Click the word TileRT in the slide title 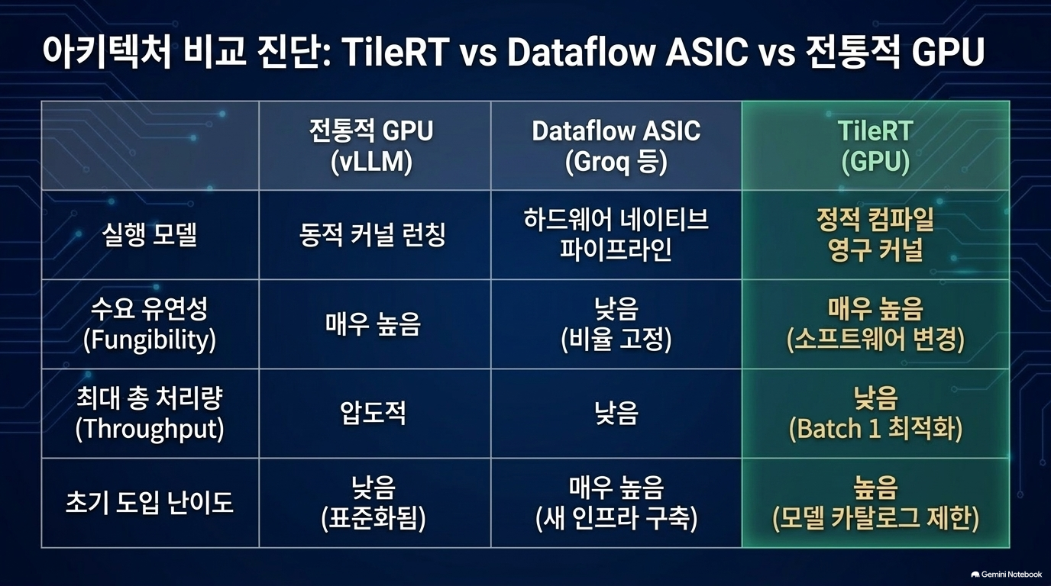pos(396,52)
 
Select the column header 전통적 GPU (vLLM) pos(372,146)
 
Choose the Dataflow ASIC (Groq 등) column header pos(616,146)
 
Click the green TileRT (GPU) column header pos(875,146)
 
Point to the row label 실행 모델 pos(150,235)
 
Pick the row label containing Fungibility pos(150,324)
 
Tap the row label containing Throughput pos(150,413)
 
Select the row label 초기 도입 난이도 pos(150,503)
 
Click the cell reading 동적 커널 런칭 pos(373,235)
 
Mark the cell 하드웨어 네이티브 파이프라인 pos(616,235)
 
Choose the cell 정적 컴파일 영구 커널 pos(875,235)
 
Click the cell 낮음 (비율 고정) pos(616,324)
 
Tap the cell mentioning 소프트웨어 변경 pos(875,324)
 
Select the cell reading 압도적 pos(374,413)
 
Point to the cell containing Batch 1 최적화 pos(875,413)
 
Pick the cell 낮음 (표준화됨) pos(374,503)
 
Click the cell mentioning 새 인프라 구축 pos(616,503)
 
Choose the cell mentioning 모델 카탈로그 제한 pos(875,503)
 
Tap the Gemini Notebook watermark pos(1007,575)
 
